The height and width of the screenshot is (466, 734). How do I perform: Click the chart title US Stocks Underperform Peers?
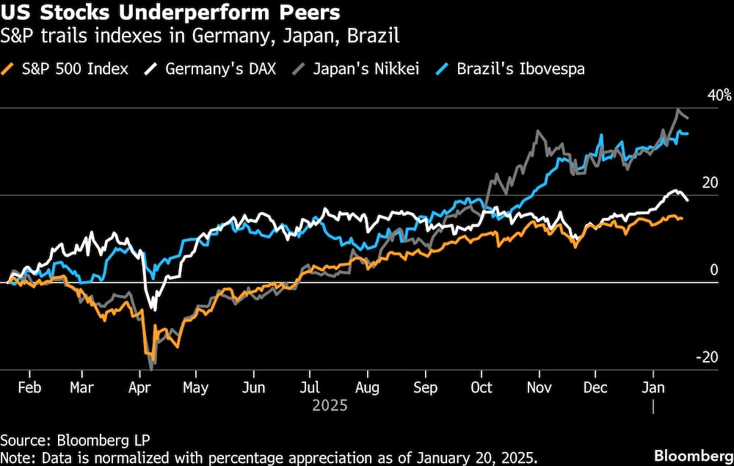coord(170,13)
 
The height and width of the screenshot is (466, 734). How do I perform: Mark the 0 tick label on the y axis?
coord(713,270)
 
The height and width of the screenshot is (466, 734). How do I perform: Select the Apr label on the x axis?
coord(138,388)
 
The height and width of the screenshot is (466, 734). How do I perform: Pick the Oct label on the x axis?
coord(482,388)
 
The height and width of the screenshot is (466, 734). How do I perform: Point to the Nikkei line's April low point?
coord(150,366)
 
